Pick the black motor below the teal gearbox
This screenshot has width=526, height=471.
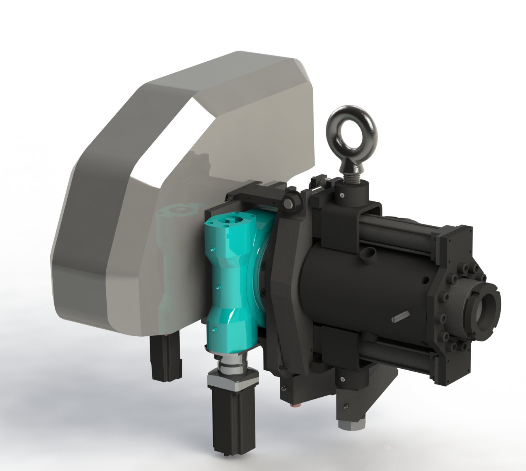229,418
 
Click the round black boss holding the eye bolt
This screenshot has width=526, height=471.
352,193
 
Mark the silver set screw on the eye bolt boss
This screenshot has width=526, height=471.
343,195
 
